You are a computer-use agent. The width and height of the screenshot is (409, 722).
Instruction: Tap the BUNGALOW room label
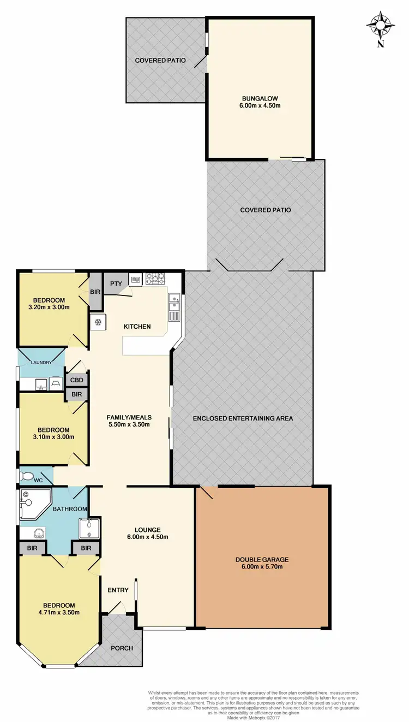260,98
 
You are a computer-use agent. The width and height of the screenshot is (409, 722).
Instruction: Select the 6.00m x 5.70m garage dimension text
262,567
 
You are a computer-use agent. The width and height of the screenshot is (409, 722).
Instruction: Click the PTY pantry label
115,283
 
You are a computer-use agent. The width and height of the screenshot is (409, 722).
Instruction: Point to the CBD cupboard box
76,380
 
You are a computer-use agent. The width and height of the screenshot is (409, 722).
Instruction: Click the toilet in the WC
26,476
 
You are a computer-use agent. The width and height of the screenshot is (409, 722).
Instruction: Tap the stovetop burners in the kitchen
155,280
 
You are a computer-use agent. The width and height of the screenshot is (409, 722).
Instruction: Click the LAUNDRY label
41,363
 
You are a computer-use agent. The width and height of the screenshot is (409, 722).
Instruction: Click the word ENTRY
118,590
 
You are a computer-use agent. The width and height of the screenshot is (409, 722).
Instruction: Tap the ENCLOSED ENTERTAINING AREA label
243,419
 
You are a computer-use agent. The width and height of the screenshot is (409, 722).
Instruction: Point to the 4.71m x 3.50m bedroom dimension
59,612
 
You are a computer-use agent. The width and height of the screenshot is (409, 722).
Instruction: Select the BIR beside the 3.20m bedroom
95,292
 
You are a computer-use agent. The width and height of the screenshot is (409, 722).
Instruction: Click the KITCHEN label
137,327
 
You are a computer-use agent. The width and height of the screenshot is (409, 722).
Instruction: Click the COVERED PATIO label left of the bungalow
160,60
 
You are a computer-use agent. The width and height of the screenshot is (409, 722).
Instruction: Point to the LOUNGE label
148,529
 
